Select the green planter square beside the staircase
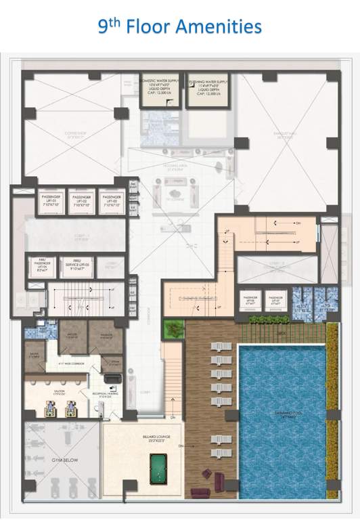click(x=174, y=329)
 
